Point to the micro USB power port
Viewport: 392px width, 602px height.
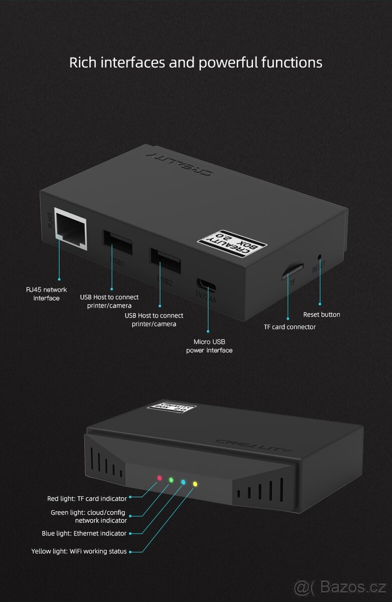click(207, 284)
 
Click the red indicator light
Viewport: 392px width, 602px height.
click(160, 478)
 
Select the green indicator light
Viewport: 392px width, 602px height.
click(171, 480)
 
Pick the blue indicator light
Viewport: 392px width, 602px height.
click(183, 482)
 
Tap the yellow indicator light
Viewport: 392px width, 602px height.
click(195, 484)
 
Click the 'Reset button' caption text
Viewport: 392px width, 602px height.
click(322, 315)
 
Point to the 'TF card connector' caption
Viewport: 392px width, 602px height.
click(290, 327)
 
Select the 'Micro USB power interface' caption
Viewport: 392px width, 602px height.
click(210, 346)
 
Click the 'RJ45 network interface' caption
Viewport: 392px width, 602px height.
click(47, 294)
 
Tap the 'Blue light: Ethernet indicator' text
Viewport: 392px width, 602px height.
click(84, 533)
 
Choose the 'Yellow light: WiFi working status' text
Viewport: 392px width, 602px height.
click(79, 551)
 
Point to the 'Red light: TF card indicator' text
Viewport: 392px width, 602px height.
click(87, 499)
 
